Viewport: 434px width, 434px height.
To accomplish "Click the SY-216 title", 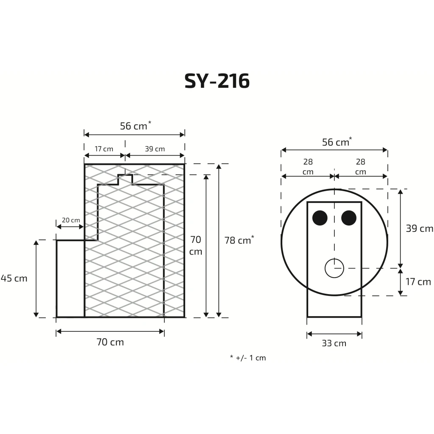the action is (217, 81).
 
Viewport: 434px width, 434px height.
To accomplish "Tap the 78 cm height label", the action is (239, 240).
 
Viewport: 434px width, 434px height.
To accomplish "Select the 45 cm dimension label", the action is (14, 278).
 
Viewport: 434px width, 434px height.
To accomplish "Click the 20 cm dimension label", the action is (71, 220).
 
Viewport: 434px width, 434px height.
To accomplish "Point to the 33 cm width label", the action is (334, 343).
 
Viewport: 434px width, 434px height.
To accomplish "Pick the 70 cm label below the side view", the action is (110, 342).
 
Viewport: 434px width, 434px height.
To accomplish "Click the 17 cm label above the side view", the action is (104, 149).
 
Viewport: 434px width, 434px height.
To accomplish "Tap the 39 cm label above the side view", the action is (155, 149).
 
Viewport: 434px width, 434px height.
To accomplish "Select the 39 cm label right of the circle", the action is (419, 228).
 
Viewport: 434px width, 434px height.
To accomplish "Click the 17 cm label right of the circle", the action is (418, 282).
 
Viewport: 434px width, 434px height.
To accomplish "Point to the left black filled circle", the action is (320, 218).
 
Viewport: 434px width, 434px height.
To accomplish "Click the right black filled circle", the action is (349, 218).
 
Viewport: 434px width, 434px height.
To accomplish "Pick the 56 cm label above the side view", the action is (135, 125).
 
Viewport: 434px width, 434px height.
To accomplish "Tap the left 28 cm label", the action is (308, 167).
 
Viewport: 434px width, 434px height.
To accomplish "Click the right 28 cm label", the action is (360, 167).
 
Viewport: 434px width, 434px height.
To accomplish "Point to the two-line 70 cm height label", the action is (196, 245).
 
